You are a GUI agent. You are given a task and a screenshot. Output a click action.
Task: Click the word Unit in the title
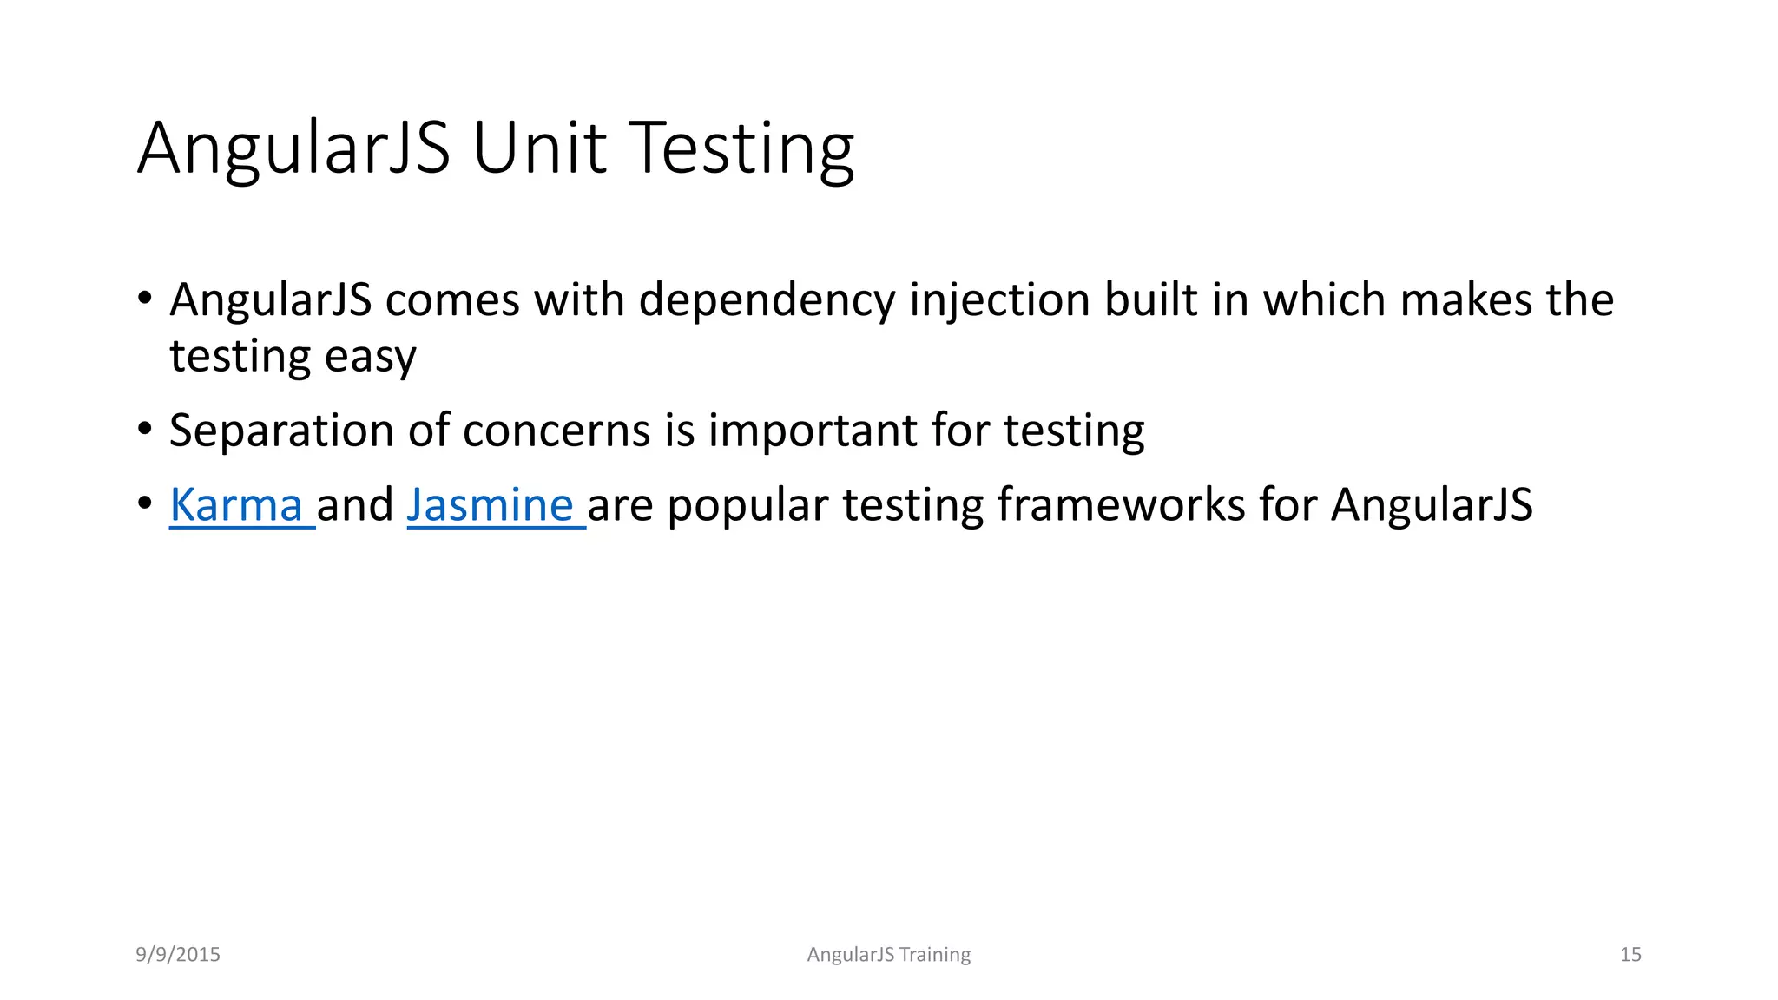539,148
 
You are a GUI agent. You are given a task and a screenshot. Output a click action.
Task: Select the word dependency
767,300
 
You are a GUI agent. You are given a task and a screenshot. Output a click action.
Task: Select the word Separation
282,431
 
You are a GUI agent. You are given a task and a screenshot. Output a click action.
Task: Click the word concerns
556,431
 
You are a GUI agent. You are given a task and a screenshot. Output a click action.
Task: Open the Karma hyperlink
236,505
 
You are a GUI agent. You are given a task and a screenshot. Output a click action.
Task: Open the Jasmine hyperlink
491,505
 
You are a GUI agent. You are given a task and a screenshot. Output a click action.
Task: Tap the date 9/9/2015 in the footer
178,955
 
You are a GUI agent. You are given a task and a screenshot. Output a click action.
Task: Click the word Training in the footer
935,955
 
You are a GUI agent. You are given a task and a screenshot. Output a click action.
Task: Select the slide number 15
1630,955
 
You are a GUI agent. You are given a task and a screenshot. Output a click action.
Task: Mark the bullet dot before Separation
145,429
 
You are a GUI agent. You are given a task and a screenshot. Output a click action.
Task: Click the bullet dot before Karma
145,503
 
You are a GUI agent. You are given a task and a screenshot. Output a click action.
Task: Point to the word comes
452,300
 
